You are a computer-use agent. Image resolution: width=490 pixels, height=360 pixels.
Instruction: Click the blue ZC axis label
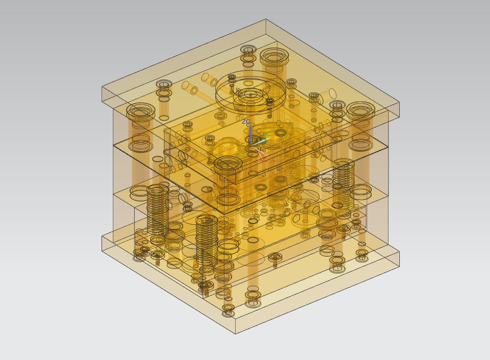246,121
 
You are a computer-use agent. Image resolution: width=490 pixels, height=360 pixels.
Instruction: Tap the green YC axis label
266,134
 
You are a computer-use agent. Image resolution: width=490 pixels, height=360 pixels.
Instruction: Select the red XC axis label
263,159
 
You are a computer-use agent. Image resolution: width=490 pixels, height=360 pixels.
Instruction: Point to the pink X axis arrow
259,151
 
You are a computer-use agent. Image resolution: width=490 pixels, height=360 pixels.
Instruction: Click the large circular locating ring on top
250,92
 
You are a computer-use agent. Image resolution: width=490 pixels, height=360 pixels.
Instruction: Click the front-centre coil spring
206,240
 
